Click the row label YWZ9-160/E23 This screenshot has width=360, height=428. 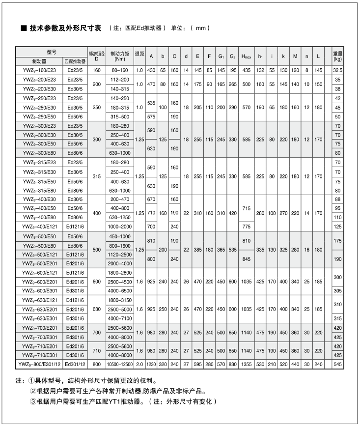pos(38,71)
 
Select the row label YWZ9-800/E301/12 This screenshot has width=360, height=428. pos(38,364)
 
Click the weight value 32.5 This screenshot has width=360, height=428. pos(337,71)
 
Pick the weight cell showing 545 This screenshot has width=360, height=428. pos(337,364)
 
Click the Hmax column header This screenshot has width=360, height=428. pos(246,57)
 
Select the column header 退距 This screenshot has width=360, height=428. pos(139,54)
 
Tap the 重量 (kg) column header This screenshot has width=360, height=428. pos(337,56)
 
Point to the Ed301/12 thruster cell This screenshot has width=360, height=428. pos(75,364)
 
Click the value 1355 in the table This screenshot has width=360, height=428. pos(246,364)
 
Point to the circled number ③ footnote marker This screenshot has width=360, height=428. pos(33,401)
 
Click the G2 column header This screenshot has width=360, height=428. pos(233,57)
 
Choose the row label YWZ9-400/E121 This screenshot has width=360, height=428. pos(38,226)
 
